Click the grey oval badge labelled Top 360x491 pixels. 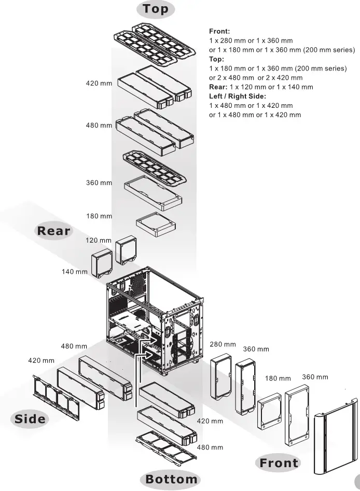(156, 9)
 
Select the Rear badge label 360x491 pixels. (53, 231)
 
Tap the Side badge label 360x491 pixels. (30, 419)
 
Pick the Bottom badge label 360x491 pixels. (171, 479)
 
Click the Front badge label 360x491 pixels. (279, 463)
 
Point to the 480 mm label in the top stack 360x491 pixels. (99, 125)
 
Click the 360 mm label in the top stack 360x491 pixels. (99, 183)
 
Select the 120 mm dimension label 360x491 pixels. (99, 241)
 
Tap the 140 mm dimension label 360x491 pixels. (75, 272)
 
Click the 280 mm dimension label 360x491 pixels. (223, 344)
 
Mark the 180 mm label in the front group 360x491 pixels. (278, 378)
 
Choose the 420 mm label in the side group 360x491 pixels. (41, 360)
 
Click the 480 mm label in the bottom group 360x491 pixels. (210, 447)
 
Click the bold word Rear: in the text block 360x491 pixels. (218, 87)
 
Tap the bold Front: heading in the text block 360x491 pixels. (219, 32)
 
